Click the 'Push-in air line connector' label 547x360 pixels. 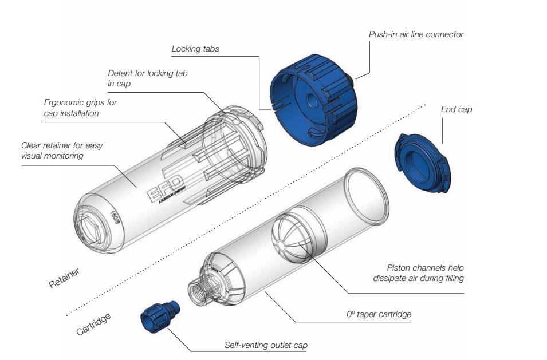tap(416, 34)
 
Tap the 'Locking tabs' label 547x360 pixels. tap(195, 49)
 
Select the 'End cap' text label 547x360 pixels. tap(457, 109)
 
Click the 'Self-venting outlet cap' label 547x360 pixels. tap(265, 345)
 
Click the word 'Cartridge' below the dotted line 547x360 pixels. tap(93, 324)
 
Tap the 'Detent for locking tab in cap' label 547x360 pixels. tap(147, 78)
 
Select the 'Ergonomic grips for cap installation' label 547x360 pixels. tap(80, 108)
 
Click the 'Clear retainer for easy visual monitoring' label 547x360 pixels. tap(62, 151)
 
